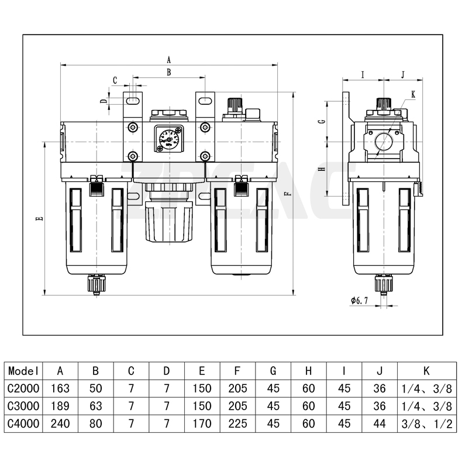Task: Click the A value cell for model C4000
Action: (60, 424)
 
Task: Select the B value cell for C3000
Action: (95, 406)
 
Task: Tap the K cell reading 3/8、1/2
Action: (426, 424)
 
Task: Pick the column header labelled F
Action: (237, 370)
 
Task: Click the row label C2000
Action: (23, 388)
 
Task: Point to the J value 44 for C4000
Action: (380, 424)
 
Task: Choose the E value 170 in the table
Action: (202, 424)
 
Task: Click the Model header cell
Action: (23, 370)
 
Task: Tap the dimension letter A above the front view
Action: (168, 60)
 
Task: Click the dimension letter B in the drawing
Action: (168, 73)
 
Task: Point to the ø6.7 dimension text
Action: (359, 300)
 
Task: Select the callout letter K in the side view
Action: (413, 94)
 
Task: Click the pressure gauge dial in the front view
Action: (168, 139)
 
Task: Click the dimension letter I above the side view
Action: (363, 74)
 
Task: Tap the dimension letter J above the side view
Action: (404, 74)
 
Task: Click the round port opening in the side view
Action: (384, 142)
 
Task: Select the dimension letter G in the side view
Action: (322, 122)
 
